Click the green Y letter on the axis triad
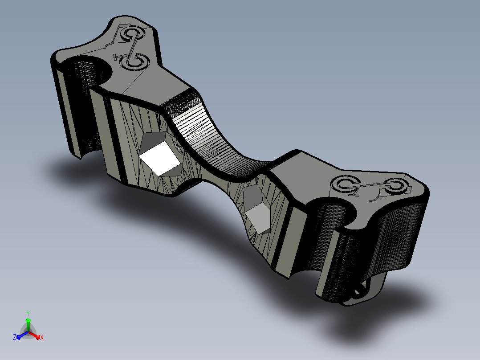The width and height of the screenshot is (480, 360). [x=28, y=313]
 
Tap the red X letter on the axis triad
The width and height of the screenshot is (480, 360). [x=42, y=337]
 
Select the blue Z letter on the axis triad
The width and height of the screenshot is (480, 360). [x=14, y=337]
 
